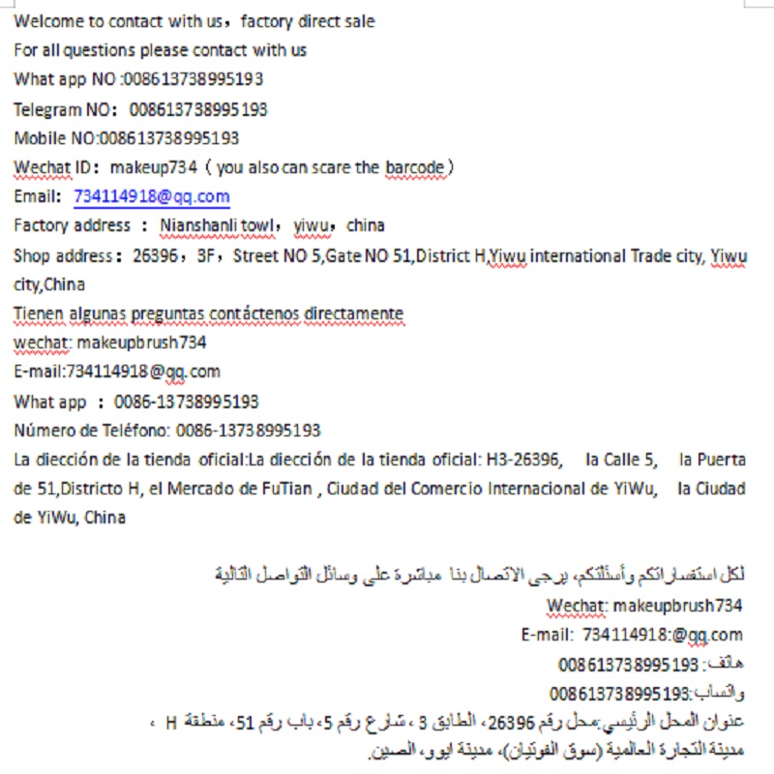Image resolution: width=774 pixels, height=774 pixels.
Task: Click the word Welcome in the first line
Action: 46,20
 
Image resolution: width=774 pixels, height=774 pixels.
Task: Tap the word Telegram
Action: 47,109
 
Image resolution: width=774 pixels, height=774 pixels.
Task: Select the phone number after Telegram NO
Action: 198,109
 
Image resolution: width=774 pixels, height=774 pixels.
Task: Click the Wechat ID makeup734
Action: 154,167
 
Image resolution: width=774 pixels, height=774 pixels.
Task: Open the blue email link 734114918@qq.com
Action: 152,196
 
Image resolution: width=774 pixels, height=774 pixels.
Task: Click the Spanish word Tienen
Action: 40,313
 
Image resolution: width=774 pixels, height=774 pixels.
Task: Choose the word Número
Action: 44,431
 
